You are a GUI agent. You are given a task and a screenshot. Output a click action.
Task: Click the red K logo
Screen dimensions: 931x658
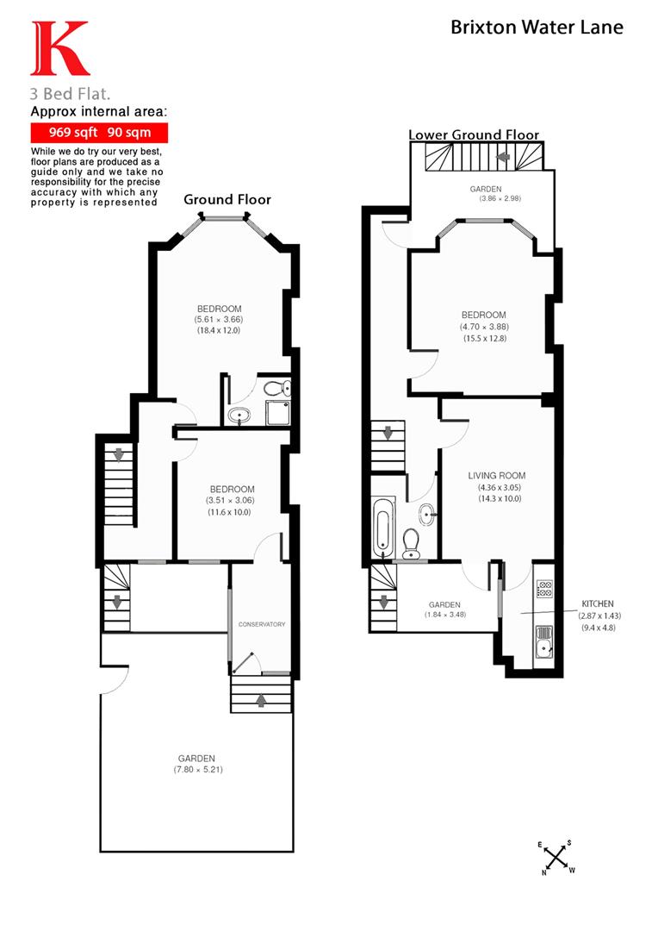tap(59, 49)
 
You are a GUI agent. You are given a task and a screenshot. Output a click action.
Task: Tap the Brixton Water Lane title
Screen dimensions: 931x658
tap(537, 28)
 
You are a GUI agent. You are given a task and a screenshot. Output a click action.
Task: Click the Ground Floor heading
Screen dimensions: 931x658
tap(227, 199)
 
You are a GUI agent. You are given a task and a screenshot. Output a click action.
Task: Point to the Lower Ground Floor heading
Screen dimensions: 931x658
tap(474, 134)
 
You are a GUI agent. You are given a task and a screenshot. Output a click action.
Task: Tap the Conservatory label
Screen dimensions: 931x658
tap(262, 624)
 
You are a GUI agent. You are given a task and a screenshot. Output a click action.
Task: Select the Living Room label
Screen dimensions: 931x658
tap(496, 476)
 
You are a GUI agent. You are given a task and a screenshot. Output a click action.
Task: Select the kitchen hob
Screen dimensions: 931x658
tap(544, 590)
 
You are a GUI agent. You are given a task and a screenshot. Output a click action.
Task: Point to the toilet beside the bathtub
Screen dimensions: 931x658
tap(411, 541)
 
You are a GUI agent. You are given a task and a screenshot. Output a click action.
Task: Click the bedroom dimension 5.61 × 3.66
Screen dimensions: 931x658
tap(219, 320)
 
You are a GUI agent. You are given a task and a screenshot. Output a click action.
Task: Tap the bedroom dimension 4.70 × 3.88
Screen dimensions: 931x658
tap(483, 327)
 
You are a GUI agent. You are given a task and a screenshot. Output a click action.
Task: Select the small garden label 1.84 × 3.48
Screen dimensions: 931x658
tap(444, 615)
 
